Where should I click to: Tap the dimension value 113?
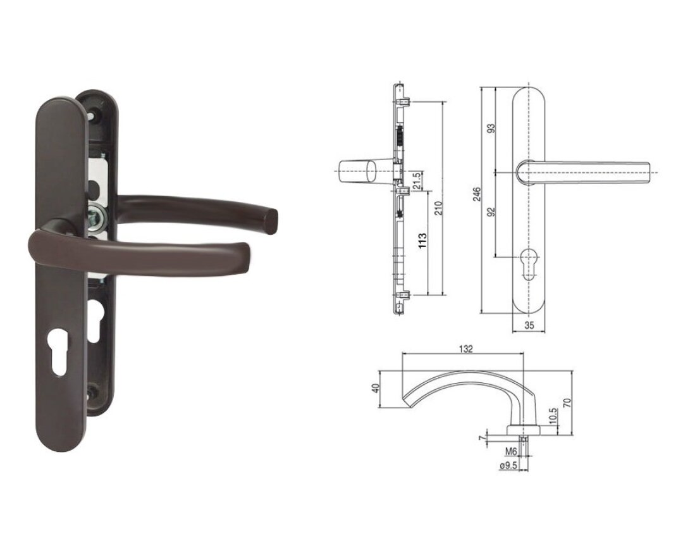tap(423, 241)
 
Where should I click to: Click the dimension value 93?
tap(491, 128)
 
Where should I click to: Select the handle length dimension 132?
tap(466, 349)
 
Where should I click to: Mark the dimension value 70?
tap(567, 403)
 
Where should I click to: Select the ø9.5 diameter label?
tap(508, 465)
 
